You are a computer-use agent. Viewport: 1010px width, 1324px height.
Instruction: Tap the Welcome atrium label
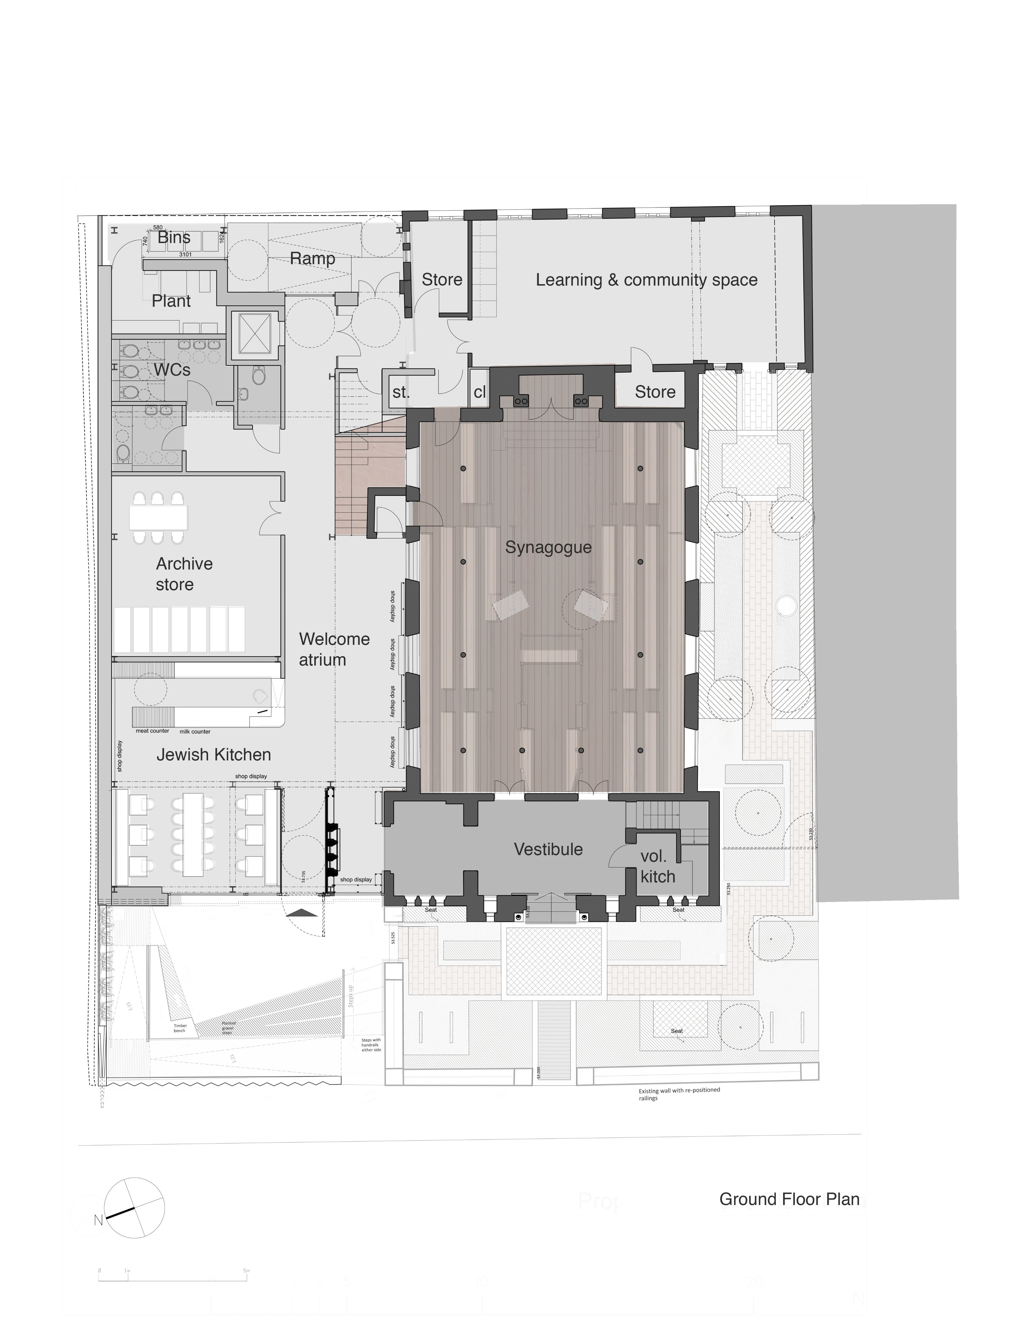pyautogui.click(x=334, y=649)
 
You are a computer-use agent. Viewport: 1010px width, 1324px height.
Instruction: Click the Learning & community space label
pyautogui.click(x=646, y=280)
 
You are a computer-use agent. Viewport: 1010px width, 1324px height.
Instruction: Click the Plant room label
pyautogui.click(x=171, y=301)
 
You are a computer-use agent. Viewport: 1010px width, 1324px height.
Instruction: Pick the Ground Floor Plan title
pyautogui.click(x=789, y=1199)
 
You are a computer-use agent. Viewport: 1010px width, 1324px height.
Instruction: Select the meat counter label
pyautogui.click(x=152, y=731)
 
